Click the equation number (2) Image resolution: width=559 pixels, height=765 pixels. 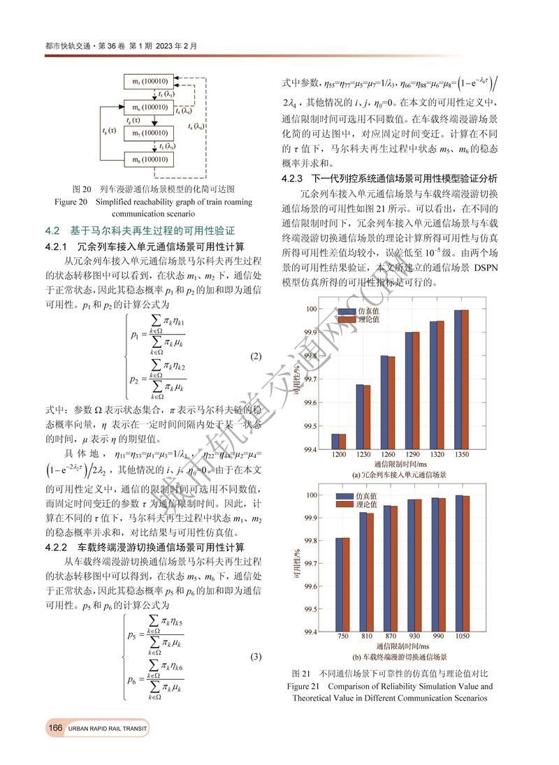(256, 356)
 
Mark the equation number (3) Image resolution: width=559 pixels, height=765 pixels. (256, 657)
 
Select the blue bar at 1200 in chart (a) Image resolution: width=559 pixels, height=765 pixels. (335, 442)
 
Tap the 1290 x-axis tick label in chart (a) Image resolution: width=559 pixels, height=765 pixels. (412, 455)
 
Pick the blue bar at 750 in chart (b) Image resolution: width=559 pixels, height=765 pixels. (339, 584)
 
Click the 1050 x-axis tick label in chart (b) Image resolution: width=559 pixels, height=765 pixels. (463, 636)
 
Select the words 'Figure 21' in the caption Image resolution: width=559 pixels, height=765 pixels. (307, 686)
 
